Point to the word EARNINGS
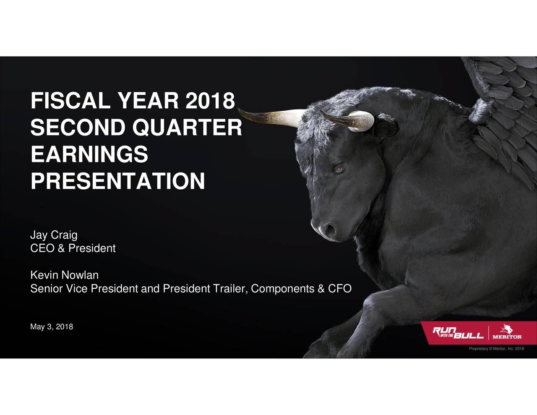[89, 154]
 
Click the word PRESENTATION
[117, 181]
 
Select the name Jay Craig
[54, 235]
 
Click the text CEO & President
[73, 248]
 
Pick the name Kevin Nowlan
[64, 275]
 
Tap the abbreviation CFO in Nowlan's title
[339, 289]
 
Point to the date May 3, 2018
[52, 327]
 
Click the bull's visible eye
[338, 169]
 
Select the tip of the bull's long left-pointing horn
[240, 110]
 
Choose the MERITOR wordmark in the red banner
[507, 337]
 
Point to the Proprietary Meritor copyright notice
[496, 349]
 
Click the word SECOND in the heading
[78, 128]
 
